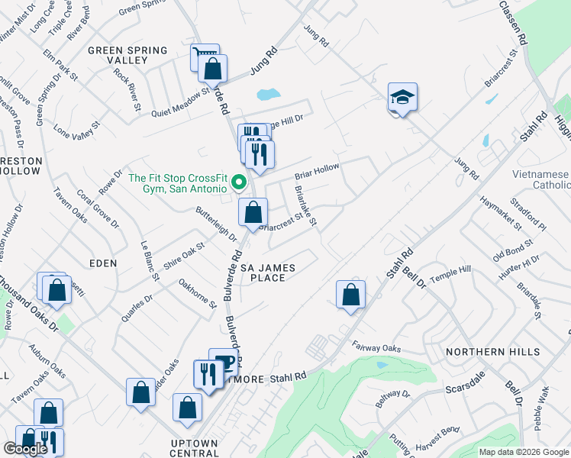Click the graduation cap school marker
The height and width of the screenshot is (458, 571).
[x=402, y=97]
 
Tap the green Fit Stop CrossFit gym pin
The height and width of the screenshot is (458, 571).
[x=238, y=182]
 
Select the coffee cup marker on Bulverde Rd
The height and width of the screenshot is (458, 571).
[x=224, y=361]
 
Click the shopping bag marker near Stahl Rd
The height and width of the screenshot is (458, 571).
[x=350, y=294]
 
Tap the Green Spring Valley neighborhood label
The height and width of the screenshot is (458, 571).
[x=127, y=55]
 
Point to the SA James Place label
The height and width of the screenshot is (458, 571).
[x=268, y=273]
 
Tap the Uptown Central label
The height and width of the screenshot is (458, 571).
[x=194, y=448]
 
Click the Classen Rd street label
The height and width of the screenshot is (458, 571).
[x=515, y=22]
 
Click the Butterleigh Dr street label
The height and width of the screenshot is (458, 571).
[x=216, y=223]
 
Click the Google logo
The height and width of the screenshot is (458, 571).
[x=25, y=449]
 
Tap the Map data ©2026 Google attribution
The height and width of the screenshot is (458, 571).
[x=524, y=452]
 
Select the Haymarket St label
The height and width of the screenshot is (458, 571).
[x=500, y=213]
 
